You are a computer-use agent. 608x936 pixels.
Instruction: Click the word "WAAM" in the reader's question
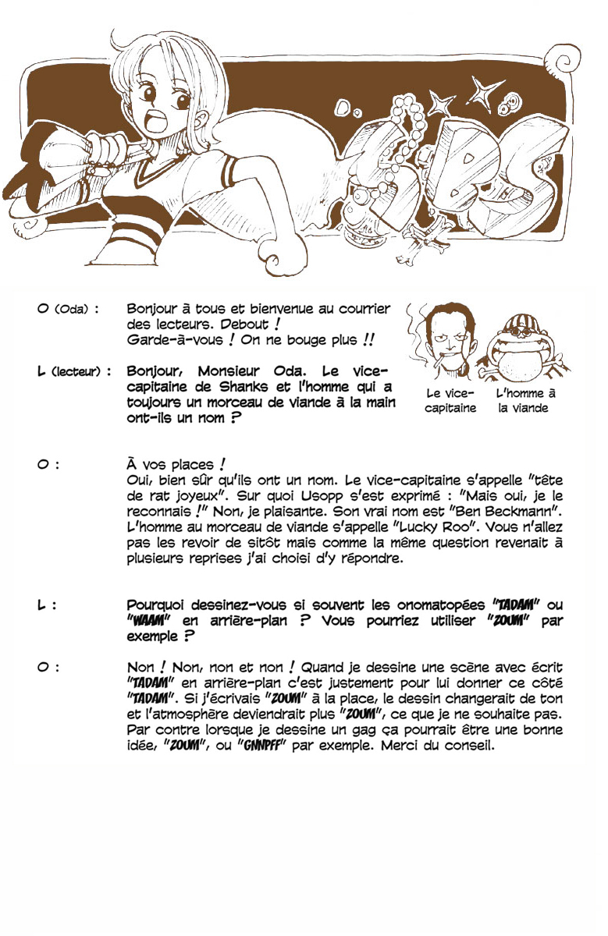point(148,621)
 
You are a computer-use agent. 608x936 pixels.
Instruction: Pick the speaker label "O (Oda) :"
point(68,309)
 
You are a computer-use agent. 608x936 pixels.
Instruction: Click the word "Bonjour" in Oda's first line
point(151,309)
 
